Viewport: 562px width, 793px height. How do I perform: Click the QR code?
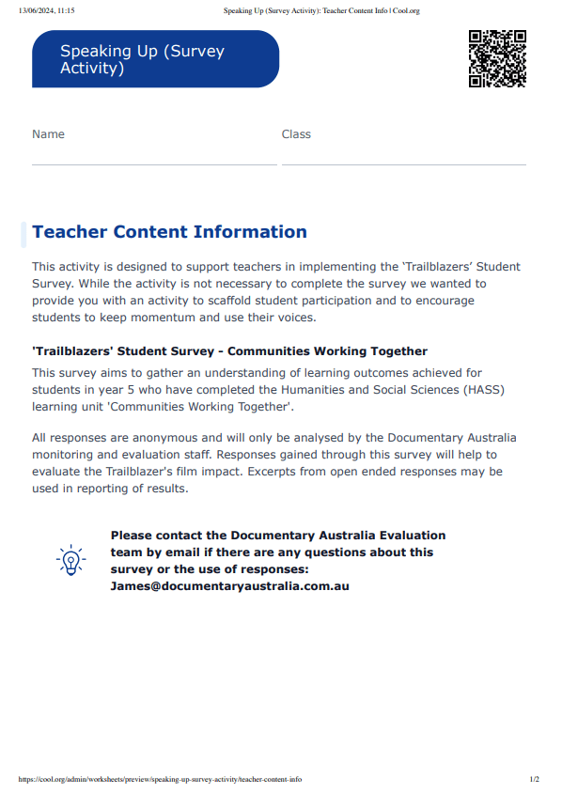(x=496, y=58)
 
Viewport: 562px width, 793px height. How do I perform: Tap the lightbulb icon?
(x=70, y=561)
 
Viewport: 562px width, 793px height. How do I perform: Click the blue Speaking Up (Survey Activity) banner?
(x=155, y=59)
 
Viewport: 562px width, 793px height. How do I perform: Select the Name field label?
(x=48, y=134)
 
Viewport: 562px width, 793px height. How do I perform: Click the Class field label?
(x=296, y=134)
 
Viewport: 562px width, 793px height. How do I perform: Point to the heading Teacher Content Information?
(x=169, y=232)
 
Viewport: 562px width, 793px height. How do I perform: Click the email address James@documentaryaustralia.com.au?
(x=229, y=585)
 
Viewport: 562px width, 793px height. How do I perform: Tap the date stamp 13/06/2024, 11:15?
(x=46, y=10)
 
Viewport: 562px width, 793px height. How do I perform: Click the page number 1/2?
(x=534, y=779)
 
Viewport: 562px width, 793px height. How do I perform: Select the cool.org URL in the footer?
(x=160, y=779)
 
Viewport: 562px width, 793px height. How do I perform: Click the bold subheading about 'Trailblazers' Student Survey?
(x=229, y=351)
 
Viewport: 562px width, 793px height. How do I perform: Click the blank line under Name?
(x=154, y=164)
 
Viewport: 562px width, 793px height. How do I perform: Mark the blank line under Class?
(x=404, y=164)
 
